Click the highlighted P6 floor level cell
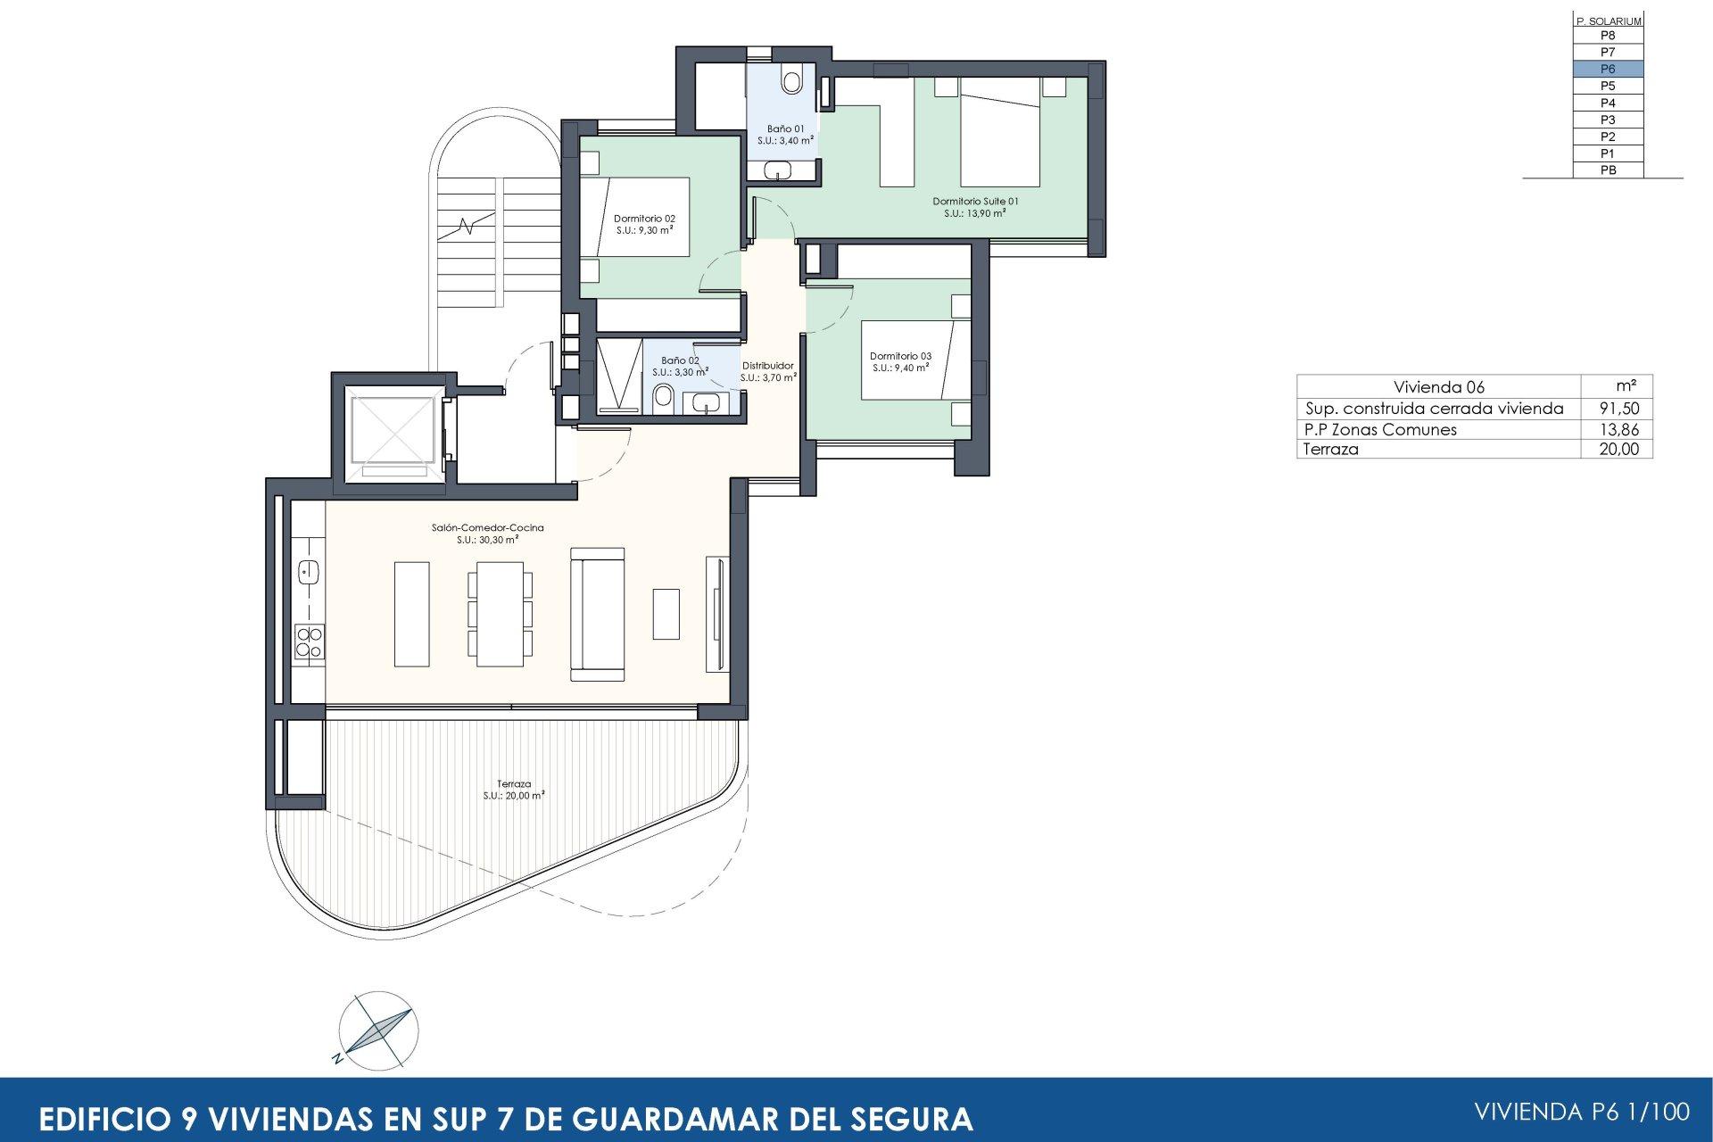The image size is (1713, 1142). click(x=1607, y=69)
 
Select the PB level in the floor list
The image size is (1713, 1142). click(x=1607, y=170)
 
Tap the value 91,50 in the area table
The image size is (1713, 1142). click(x=1618, y=409)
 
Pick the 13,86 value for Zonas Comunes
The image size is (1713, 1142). click(x=1618, y=429)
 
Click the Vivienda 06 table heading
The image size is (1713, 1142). click(x=1438, y=387)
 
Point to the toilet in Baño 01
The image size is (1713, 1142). click(x=790, y=81)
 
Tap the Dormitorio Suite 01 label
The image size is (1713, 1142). click(x=975, y=202)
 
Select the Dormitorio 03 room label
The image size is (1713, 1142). click(x=900, y=356)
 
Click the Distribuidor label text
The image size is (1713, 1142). click(x=767, y=366)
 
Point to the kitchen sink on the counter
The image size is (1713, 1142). click(x=309, y=571)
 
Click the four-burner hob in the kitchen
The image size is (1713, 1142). click(x=309, y=642)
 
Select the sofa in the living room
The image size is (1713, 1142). click(x=597, y=614)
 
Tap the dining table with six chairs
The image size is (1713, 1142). click(x=500, y=614)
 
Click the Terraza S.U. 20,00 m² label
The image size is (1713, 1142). click(x=514, y=790)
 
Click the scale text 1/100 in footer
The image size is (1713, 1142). click(x=1658, y=1112)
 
